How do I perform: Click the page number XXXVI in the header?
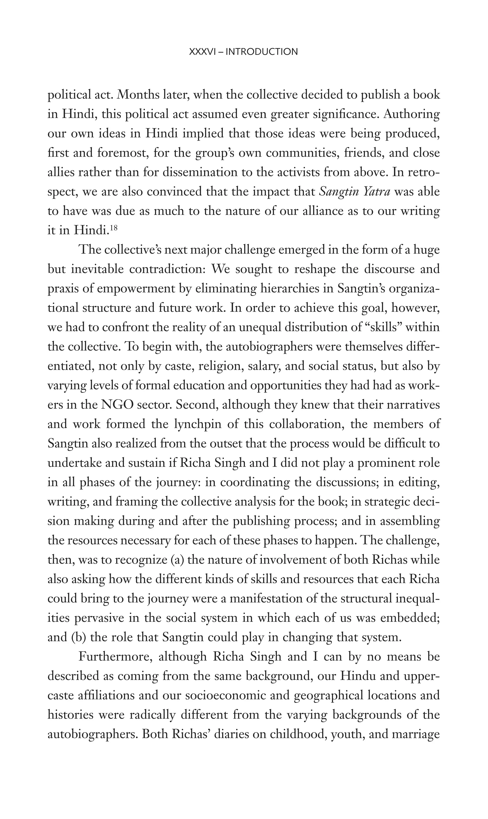(202, 52)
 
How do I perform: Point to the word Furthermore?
(115, 657)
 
